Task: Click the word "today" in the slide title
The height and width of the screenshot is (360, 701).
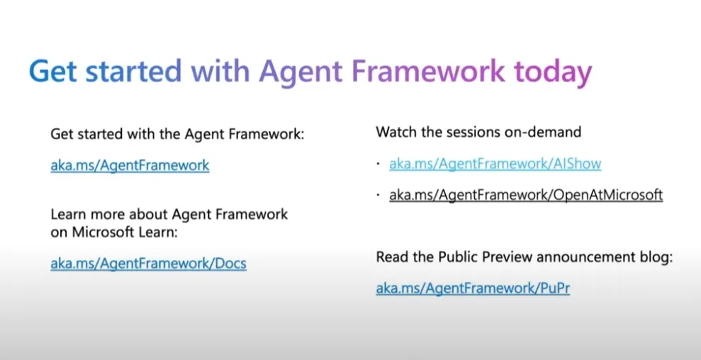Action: pos(552,73)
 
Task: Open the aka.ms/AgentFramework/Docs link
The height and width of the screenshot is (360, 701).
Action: pos(148,264)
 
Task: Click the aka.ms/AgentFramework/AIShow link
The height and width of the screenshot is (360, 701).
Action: pos(495,164)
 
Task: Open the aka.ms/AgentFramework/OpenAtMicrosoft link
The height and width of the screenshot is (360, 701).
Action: pos(525,194)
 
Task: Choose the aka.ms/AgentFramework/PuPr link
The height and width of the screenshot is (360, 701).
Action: pos(473,288)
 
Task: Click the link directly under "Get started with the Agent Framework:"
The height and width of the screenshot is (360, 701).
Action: pos(130,165)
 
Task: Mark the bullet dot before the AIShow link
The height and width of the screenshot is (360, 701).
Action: pos(378,164)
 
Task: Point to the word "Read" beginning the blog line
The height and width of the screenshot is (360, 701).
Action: pos(391,257)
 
